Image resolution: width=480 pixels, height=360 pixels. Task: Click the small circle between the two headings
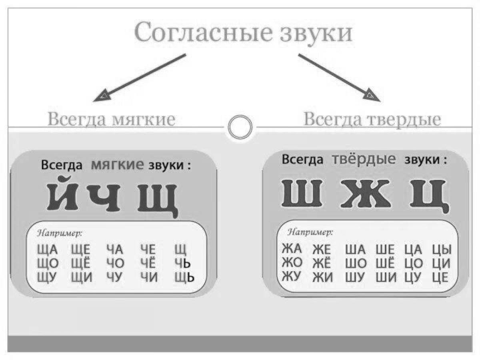click(240, 127)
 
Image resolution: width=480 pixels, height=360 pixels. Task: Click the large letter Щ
click(157, 199)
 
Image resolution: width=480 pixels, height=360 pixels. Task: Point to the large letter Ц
click(427, 195)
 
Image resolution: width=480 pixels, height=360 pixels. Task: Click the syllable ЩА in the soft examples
click(47, 250)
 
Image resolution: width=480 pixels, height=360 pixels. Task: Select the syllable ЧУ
click(115, 277)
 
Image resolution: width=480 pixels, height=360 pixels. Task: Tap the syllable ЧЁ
click(148, 263)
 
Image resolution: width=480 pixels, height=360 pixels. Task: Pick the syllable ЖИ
click(322, 277)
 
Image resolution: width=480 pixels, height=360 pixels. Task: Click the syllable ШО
click(355, 264)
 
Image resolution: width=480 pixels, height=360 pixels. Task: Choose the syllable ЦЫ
click(442, 250)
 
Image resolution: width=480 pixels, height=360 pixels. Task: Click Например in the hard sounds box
click(310, 232)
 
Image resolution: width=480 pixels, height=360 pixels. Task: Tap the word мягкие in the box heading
click(117, 164)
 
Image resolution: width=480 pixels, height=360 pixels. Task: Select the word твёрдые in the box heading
click(364, 159)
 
